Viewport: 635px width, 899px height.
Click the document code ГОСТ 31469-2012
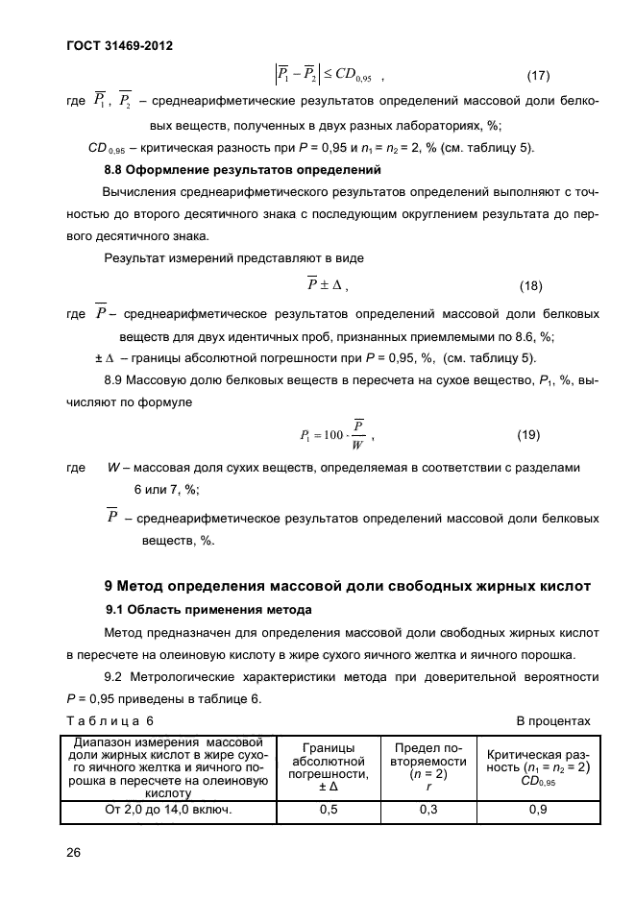click(x=119, y=45)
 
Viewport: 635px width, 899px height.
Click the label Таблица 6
click(x=110, y=720)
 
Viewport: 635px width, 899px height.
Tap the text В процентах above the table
click(x=553, y=720)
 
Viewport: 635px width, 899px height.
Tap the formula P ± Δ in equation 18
click(x=327, y=285)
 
